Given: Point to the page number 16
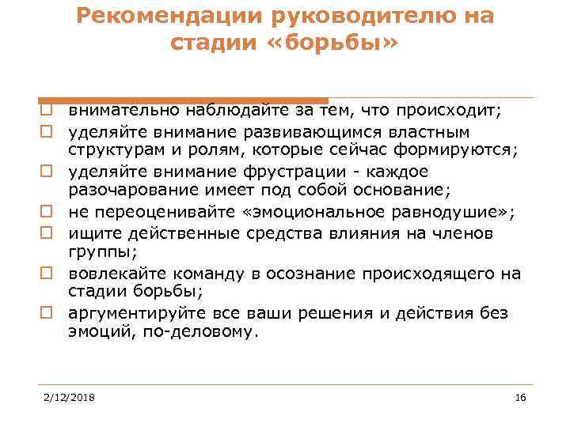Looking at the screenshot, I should point(520,397).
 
